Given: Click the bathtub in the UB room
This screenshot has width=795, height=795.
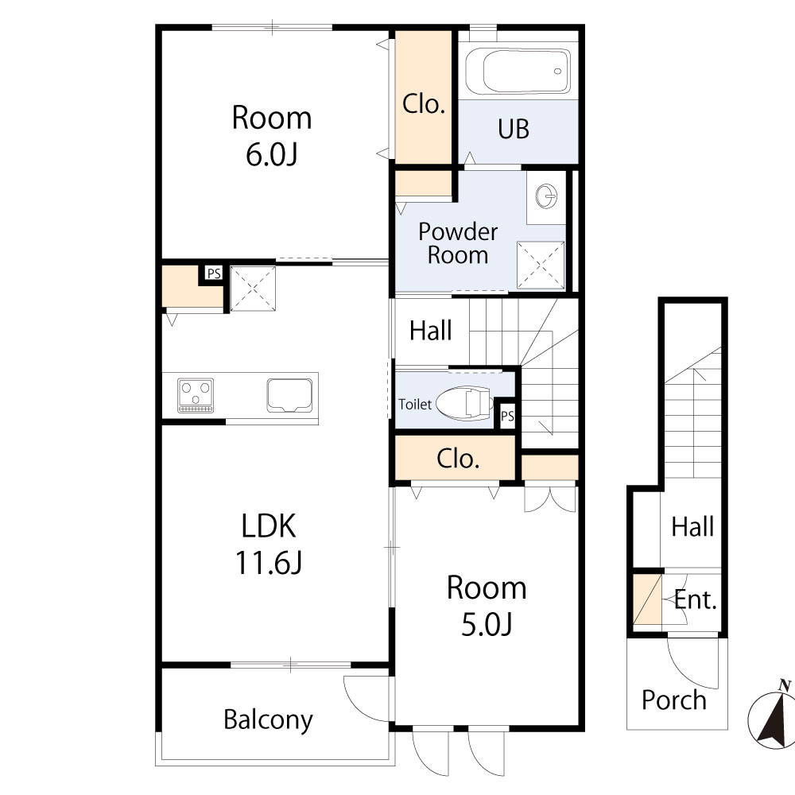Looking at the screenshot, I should [x=517, y=71].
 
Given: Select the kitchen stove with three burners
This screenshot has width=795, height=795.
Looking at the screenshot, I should [x=196, y=395].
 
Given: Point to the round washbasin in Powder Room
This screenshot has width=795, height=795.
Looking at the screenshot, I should [x=546, y=195].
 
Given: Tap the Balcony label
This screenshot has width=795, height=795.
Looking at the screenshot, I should [x=268, y=720].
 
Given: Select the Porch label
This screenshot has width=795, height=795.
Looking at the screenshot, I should [x=674, y=700].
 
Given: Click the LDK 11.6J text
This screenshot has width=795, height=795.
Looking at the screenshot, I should [x=269, y=544].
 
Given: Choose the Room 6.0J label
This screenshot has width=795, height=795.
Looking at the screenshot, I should [x=271, y=135].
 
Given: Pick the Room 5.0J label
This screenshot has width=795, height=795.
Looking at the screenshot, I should [x=486, y=606].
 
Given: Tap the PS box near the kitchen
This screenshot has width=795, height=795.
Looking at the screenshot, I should [x=213, y=273].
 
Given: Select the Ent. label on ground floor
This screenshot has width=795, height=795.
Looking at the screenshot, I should [x=696, y=600].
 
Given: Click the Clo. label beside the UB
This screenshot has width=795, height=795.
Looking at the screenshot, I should [x=423, y=104].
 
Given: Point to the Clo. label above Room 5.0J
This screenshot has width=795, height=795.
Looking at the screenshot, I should [x=459, y=459].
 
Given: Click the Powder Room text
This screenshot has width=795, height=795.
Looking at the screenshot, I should [x=458, y=243].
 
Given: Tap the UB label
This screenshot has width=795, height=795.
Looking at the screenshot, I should [x=514, y=129].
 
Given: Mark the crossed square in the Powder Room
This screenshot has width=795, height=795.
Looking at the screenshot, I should [x=541, y=264].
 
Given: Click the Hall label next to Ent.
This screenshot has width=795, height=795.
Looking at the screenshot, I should [x=692, y=526].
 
